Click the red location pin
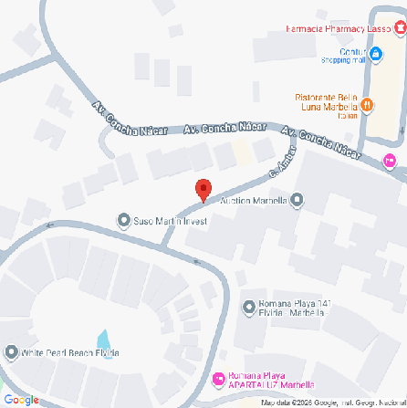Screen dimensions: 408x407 [x=203, y=189]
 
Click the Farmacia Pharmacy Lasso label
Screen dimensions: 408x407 [x=339, y=29]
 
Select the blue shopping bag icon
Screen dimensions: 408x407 [x=375, y=56]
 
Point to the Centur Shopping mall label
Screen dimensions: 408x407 [x=343, y=56]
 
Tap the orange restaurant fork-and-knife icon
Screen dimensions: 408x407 [x=367, y=106]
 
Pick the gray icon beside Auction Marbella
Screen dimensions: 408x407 [x=296, y=200]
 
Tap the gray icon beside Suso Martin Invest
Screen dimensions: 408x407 [x=124, y=220]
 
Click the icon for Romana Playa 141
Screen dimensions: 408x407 [x=249, y=307]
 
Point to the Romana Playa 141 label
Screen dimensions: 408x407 [x=290, y=308]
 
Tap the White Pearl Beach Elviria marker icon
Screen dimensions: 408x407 [x=11, y=352]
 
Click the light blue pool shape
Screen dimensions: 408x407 [x=103, y=340]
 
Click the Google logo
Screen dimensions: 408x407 [x=20, y=399]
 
